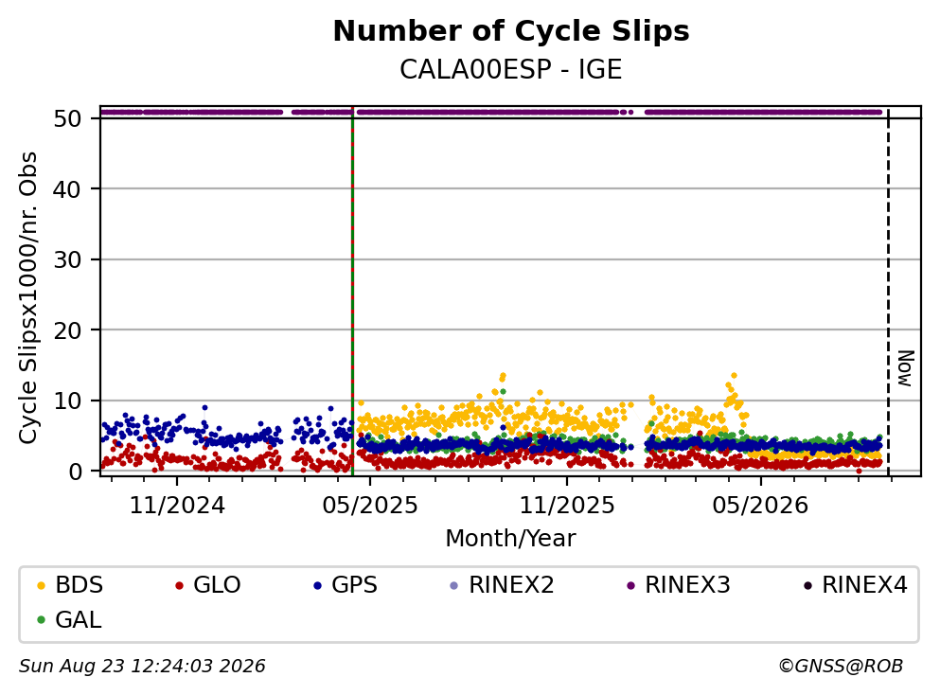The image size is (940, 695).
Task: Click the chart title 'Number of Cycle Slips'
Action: coord(511,31)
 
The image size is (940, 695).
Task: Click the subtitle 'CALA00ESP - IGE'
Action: coord(511,69)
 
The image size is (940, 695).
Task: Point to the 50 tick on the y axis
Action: coord(67,118)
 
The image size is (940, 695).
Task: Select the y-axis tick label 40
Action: coord(67,189)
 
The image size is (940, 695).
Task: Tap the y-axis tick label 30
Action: coord(67,259)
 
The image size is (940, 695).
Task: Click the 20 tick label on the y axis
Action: coord(67,330)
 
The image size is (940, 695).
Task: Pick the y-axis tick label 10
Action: coord(67,401)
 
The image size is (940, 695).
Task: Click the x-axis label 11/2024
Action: coord(177,506)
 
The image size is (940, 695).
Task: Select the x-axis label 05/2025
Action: coord(370,506)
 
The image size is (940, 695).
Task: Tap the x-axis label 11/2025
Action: coord(567,506)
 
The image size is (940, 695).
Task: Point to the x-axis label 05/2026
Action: coord(760,506)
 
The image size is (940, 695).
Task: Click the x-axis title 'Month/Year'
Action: coord(510,539)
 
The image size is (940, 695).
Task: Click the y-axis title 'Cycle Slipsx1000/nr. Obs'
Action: coord(27,298)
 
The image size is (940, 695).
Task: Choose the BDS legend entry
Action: coord(70,584)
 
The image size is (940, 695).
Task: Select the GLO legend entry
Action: coord(208,584)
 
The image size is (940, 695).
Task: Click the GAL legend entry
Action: coord(69,620)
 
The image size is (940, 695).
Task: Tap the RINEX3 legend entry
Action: coord(679,584)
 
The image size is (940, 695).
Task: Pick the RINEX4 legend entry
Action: coord(856,584)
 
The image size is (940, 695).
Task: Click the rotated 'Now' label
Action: coord(905,368)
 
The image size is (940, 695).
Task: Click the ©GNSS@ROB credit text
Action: coord(841,667)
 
